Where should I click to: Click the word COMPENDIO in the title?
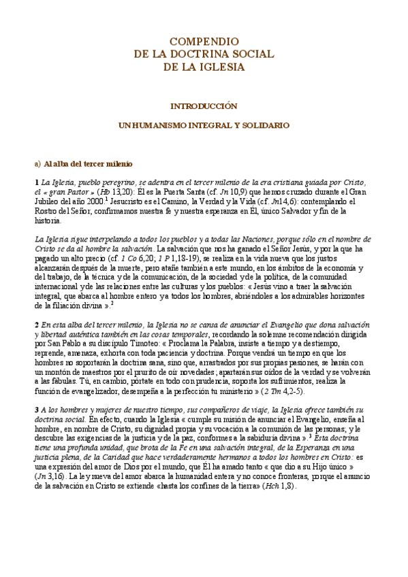(204, 42)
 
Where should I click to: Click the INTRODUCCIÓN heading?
(203, 106)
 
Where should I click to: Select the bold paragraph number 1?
(37, 183)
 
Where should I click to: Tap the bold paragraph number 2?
(37, 327)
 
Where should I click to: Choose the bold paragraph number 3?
(37, 410)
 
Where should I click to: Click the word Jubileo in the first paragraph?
(48, 202)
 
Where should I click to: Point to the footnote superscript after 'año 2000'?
(107, 200)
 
